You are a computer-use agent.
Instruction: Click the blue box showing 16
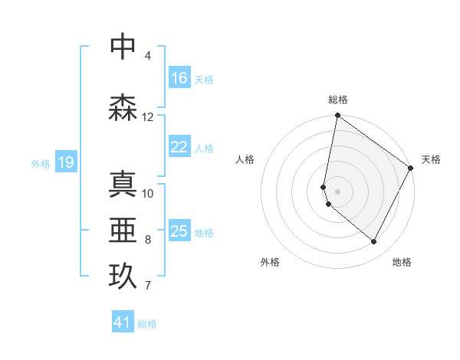pyautogui.click(x=179, y=78)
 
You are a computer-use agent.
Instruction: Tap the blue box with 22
pyautogui.click(x=179, y=147)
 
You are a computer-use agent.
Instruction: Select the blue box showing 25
pyautogui.click(x=179, y=231)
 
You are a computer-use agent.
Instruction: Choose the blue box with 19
pyautogui.click(x=66, y=162)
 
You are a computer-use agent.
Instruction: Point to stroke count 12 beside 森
pyautogui.click(x=147, y=117)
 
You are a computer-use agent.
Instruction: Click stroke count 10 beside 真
pyautogui.click(x=147, y=193)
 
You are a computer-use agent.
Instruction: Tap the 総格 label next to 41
pyautogui.click(x=147, y=324)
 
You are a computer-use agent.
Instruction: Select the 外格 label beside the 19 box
pyautogui.click(x=41, y=163)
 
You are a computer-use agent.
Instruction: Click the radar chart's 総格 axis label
pyautogui.click(x=338, y=100)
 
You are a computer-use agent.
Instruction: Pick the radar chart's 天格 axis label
pyautogui.click(x=431, y=159)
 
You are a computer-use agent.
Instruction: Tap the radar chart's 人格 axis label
pyautogui.click(x=245, y=159)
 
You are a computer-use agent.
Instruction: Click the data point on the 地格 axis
pyautogui.click(x=374, y=242)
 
